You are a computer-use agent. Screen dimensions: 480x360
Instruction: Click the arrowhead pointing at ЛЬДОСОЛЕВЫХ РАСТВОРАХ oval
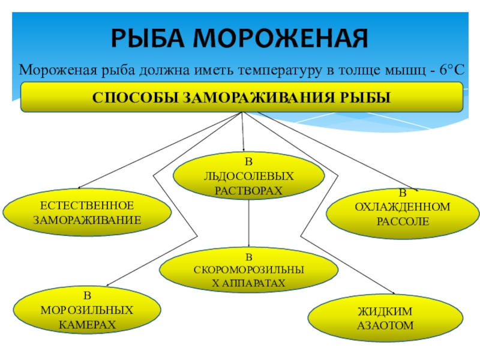(x=244, y=149)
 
